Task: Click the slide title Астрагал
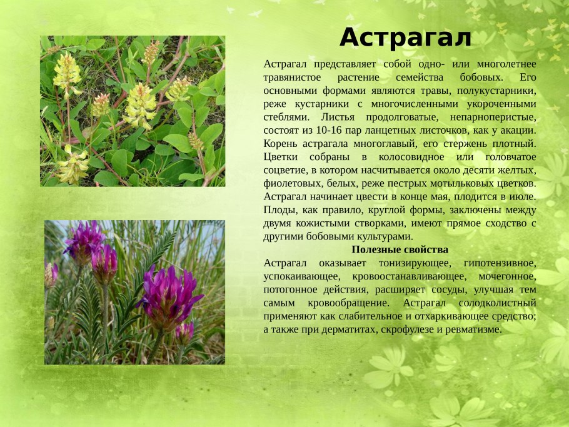click(405, 38)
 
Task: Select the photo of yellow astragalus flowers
click(133, 111)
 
